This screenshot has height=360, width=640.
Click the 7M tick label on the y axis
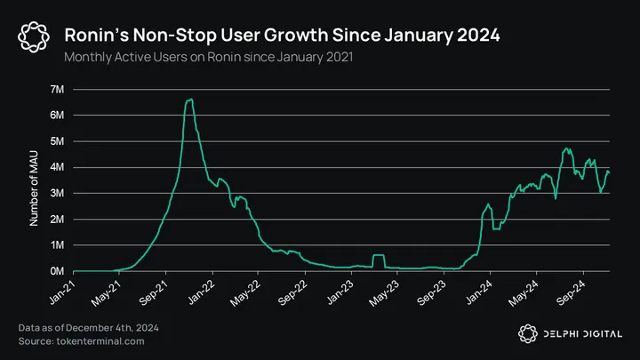57,90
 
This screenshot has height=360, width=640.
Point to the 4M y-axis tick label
57,167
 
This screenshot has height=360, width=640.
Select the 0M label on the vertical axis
57,271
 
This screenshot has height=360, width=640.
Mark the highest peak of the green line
189,100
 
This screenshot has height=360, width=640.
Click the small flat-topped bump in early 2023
378,256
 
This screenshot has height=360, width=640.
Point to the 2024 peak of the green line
566,148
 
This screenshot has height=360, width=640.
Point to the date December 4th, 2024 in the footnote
119,329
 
